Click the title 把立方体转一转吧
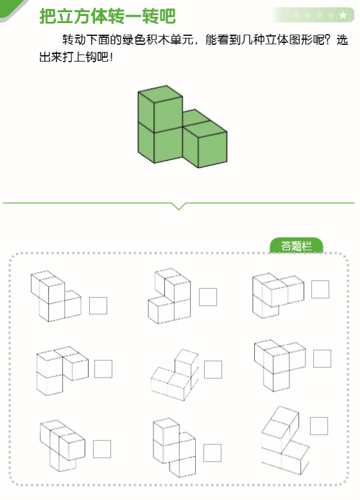tap(107, 16)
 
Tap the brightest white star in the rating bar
tap(343, 15)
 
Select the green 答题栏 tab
tap(296, 246)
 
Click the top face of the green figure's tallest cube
tap(160, 94)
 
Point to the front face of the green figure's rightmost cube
tap(212, 150)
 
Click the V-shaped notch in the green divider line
tap(178, 206)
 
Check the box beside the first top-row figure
tap(98, 306)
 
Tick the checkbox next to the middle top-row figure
tap(208, 297)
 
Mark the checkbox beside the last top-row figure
tap(320, 289)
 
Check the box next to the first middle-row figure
tap(103, 369)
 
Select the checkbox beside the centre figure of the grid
tap(213, 369)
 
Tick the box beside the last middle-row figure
tap(322, 358)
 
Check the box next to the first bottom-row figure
tap(102, 449)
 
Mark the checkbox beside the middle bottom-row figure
tap(212, 453)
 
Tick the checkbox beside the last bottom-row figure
tap(319, 426)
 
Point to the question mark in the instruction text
tap(329, 40)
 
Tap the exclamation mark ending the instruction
tap(111, 57)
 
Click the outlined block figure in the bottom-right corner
tap(286, 440)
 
